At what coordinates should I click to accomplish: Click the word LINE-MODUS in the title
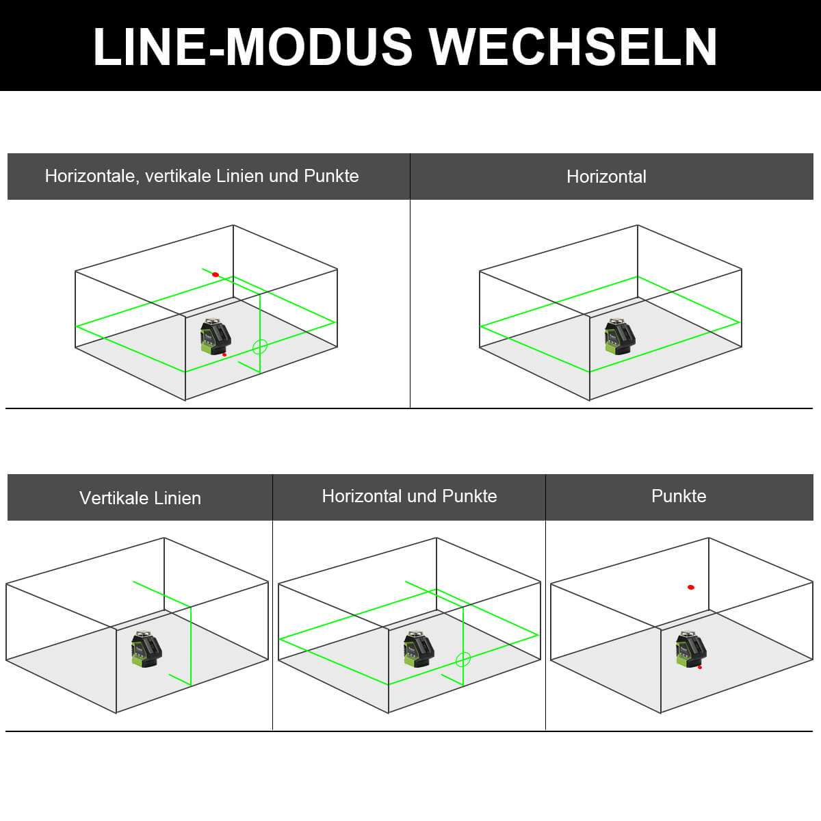(x=254, y=47)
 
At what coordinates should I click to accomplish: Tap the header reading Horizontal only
(x=606, y=177)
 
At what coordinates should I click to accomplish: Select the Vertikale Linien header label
(x=140, y=498)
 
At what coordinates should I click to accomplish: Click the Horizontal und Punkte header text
(x=409, y=496)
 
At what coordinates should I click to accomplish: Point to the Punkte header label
(x=679, y=496)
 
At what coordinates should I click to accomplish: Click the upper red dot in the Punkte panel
(x=691, y=587)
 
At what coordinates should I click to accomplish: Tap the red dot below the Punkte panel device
(x=700, y=667)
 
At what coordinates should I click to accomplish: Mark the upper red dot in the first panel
(x=216, y=274)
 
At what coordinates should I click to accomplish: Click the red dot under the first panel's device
(x=224, y=354)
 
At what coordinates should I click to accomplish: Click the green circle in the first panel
(x=259, y=347)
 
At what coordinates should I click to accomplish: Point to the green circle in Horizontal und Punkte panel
(x=463, y=660)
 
